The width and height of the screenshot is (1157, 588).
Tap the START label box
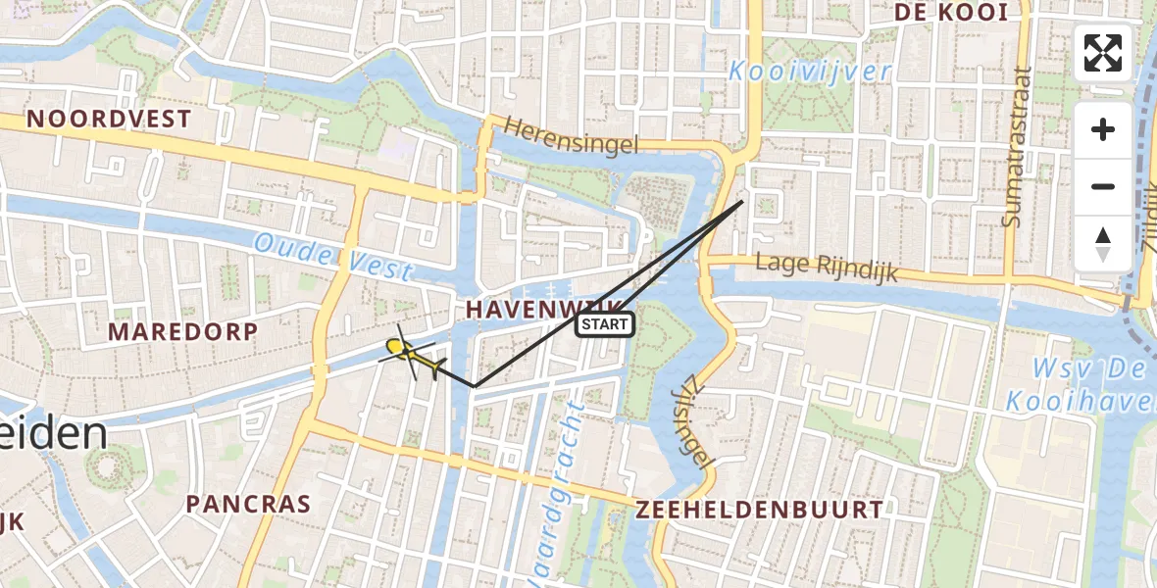point(604,324)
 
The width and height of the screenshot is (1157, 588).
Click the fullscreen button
point(1103,53)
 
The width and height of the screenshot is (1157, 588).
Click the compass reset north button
point(1103,244)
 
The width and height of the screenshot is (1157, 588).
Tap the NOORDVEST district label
point(109,120)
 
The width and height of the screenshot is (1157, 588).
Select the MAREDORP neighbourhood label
point(182,331)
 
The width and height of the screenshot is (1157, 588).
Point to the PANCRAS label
point(248,505)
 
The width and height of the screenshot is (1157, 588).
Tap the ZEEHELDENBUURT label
point(760,510)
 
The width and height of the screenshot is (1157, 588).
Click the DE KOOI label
point(951,13)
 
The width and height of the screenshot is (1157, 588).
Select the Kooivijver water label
point(810,72)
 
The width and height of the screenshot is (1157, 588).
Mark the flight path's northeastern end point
point(741,202)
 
